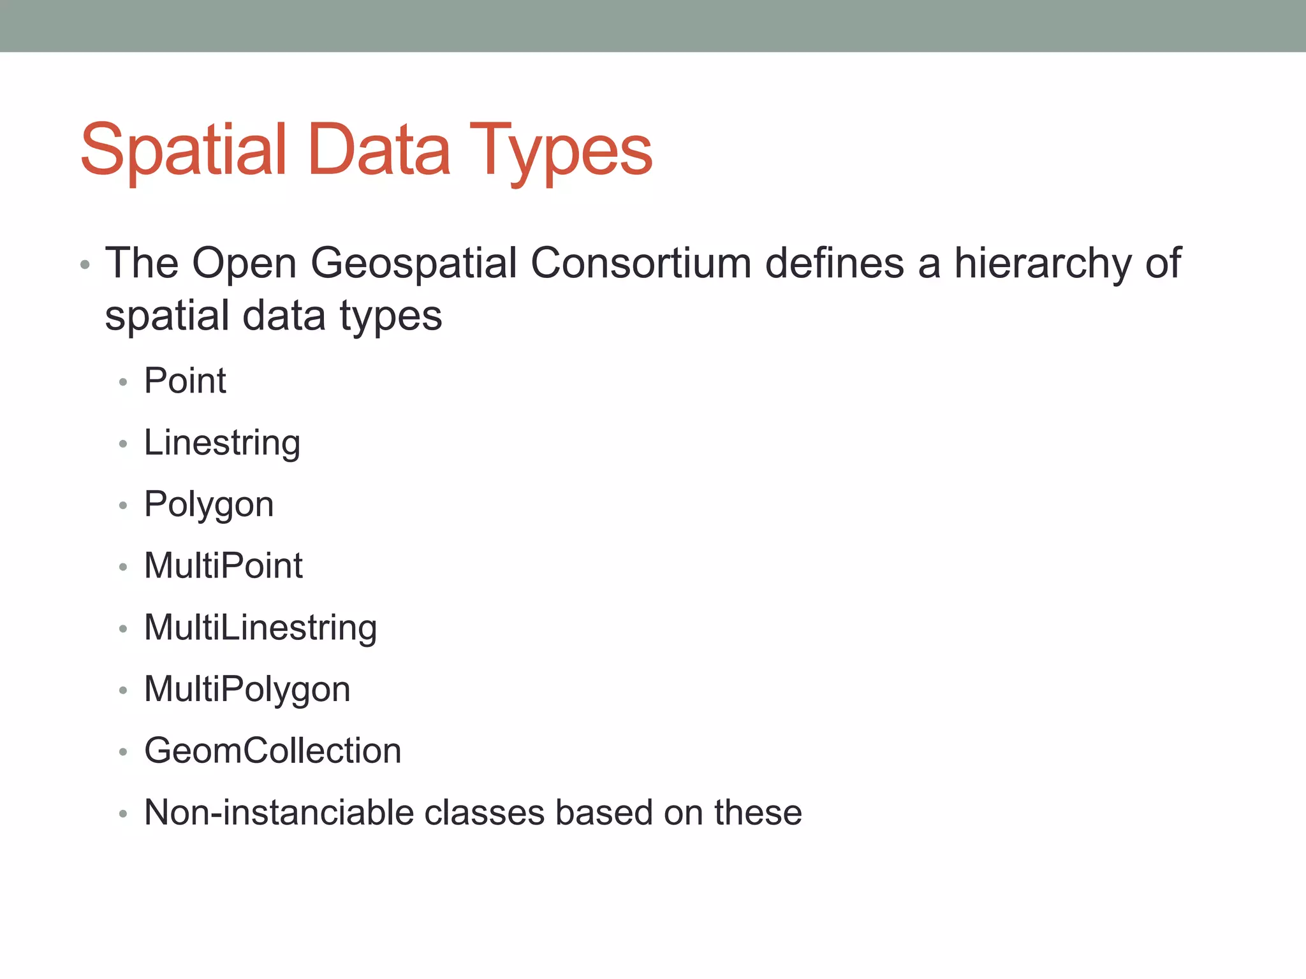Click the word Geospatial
click(413, 263)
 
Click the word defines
click(834, 263)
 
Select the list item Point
click(185, 381)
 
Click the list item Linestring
click(222, 443)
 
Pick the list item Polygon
click(209, 505)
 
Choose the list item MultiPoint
click(223, 566)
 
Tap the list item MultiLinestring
click(260, 628)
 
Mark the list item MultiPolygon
click(247, 690)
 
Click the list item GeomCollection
click(272, 751)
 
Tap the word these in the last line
click(758, 813)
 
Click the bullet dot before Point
click(123, 382)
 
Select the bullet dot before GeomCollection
click(123, 752)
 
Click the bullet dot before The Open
click(85, 265)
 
